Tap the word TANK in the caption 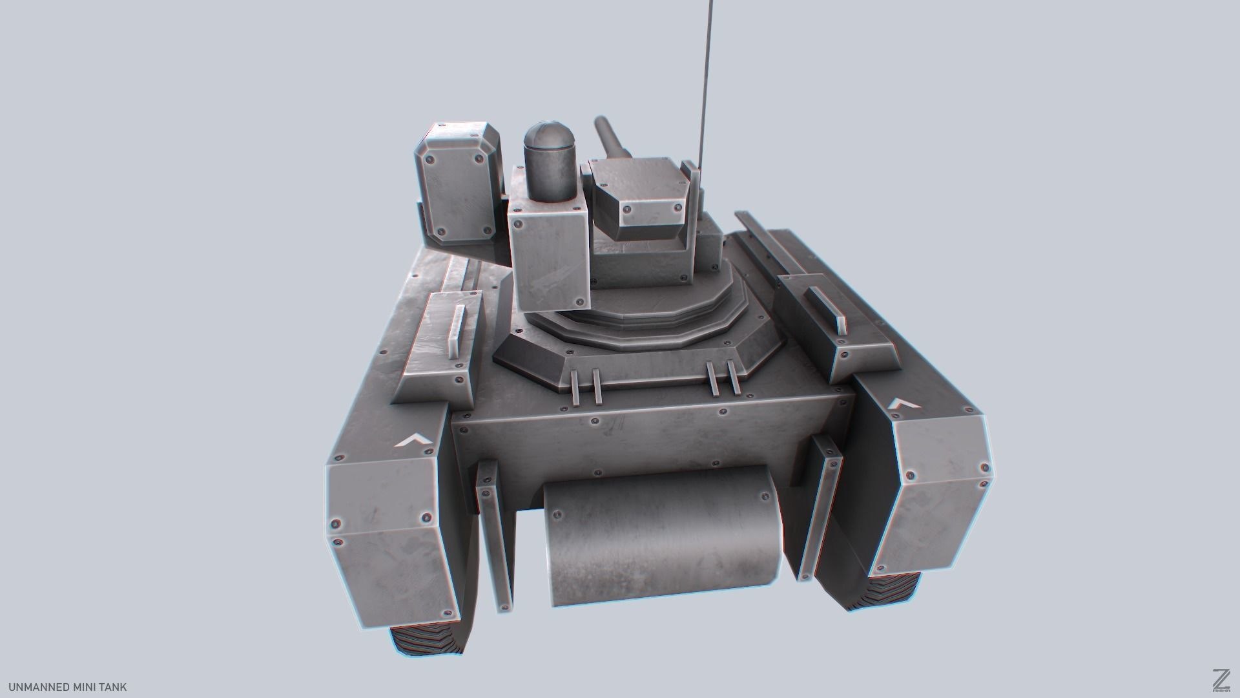click(113, 687)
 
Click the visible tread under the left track click(426, 646)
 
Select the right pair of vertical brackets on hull click(723, 378)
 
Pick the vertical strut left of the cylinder click(494, 536)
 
